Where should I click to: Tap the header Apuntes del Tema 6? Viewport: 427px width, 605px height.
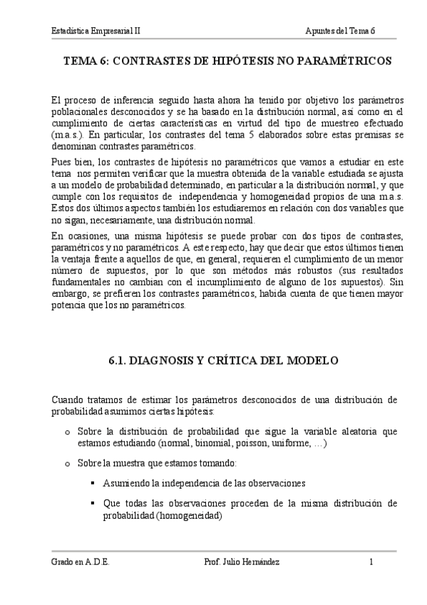340,32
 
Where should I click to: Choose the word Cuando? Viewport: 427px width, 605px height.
71,398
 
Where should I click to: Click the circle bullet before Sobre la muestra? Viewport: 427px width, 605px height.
68,462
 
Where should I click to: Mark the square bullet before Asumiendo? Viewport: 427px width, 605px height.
93,483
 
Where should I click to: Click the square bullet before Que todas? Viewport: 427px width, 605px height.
93,504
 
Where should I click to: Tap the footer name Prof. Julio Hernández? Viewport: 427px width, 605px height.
241,562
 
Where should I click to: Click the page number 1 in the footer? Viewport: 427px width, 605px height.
371,562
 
